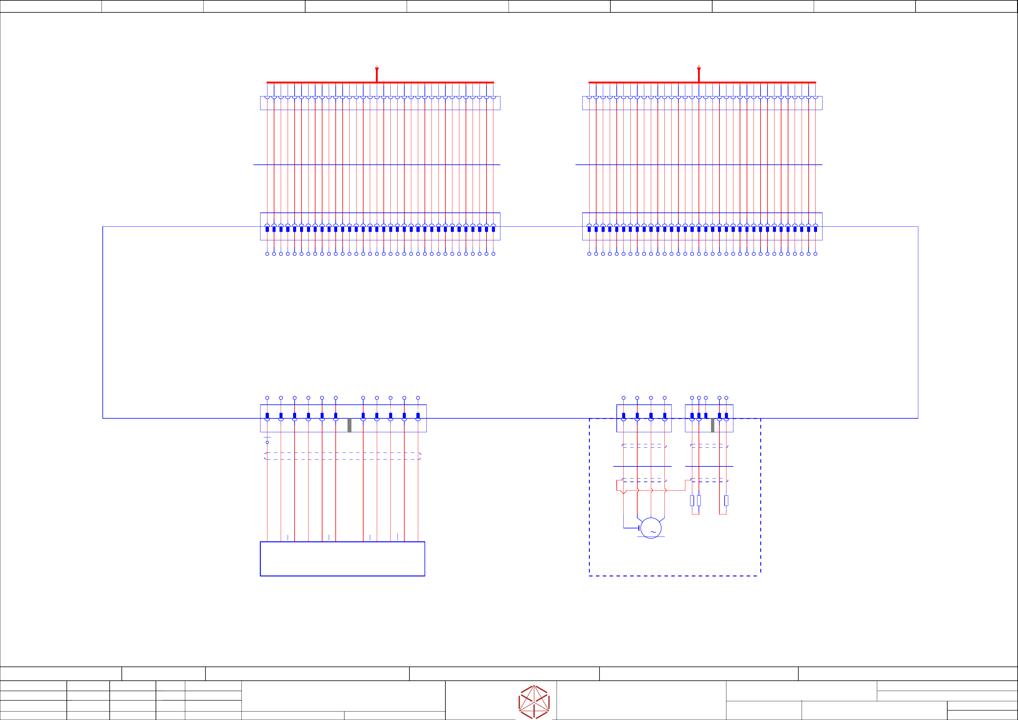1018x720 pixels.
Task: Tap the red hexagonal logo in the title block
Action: pos(534,702)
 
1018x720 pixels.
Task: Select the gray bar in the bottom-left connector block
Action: pos(349,425)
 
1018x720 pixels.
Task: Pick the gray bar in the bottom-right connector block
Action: pos(713,425)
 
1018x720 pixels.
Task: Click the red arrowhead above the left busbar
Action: pos(377,70)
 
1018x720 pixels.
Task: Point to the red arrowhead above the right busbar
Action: pos(699,70)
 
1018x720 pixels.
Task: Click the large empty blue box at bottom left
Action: pos(342,559)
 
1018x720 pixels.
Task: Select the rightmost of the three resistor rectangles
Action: pos(726,501)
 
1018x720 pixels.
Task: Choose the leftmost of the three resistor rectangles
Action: pos(692,501)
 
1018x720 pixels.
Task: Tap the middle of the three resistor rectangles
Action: pos(699,501)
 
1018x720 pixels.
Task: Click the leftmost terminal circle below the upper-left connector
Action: pos(267,254)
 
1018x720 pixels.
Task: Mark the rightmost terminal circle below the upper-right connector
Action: pos(815,254)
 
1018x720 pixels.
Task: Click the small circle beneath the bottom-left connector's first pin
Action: pos(267,442)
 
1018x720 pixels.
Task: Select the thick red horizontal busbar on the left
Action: pos(319,83)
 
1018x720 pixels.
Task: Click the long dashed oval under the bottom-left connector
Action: pos(342,456)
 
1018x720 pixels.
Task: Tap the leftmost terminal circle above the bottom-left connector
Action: pos(267,398)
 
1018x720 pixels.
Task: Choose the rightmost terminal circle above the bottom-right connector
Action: pos(726,398)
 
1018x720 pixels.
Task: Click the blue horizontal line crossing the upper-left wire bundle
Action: pos(377,164)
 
